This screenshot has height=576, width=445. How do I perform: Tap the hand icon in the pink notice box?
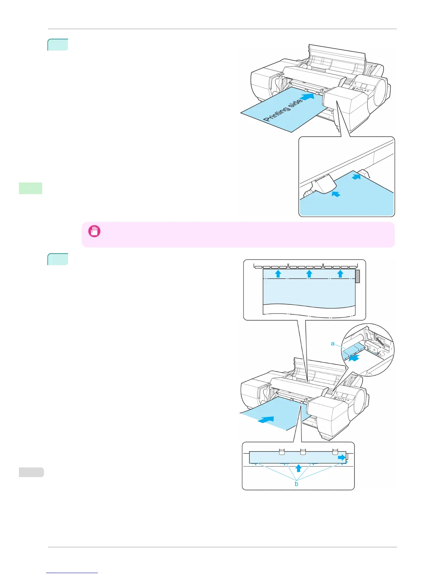pyautogui.click(x=95, y=231)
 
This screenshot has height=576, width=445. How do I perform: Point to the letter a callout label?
pyautogui.click(x=333, y=343)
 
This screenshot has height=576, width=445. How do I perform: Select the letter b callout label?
pyautogui.click(x=297, y=484)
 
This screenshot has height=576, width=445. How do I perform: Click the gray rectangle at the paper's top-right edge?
pyautogui.click(x=357, y=276)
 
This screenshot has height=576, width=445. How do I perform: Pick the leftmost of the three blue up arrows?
pyautogui.click(x=278, y=273)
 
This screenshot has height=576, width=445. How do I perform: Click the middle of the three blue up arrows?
pyautogui.click(x=309, y=273)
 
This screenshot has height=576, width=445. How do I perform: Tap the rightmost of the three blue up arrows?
pyautogui.click(x=340, y=273)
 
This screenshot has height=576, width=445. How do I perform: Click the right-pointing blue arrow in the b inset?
pyautogui.click(x=342, y=458)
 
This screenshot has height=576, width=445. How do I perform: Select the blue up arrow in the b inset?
pyautogui.click(x=298, y=468)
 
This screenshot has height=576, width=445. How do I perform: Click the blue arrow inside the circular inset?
pyautogui.click(x=354, y=358)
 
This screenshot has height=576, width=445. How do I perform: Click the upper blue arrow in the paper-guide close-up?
pyautogui.click(x=357, y=177)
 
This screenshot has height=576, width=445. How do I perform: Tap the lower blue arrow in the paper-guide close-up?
pyautogui.click(x=336, y=195)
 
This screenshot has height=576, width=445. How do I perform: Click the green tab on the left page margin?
pyautogui.click(x=31, y=188)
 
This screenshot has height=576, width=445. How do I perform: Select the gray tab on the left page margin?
pyautogui.click(x=31, y=472)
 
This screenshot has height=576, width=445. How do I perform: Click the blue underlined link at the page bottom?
pyautogui.click(x=72, y=573)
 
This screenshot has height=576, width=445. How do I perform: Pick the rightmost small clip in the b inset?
pyautogui.click(x=335, y=452)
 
